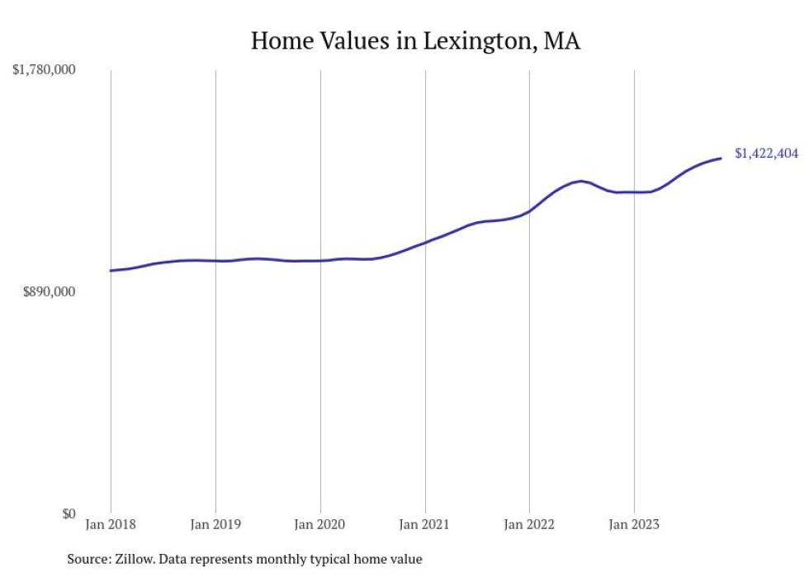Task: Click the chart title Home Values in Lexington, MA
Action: [415, 40]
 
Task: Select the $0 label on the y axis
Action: [68, 513]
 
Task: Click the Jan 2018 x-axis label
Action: [111, 523]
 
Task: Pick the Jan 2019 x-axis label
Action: [215, 523]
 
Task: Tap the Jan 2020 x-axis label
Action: [320, 523]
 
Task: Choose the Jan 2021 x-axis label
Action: [425, 523]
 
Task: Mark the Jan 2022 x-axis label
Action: [529, 523]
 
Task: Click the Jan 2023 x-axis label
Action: [634, 523]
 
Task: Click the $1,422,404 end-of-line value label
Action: [766, 154]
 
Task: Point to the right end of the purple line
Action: [721, 158]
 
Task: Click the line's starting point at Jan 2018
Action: [111, 270]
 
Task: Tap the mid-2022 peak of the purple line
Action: [582, 181]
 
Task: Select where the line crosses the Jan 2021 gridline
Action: [425, 242]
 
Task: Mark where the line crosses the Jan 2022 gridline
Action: [529, 211]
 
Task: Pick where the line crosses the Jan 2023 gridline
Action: [634, 192]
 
